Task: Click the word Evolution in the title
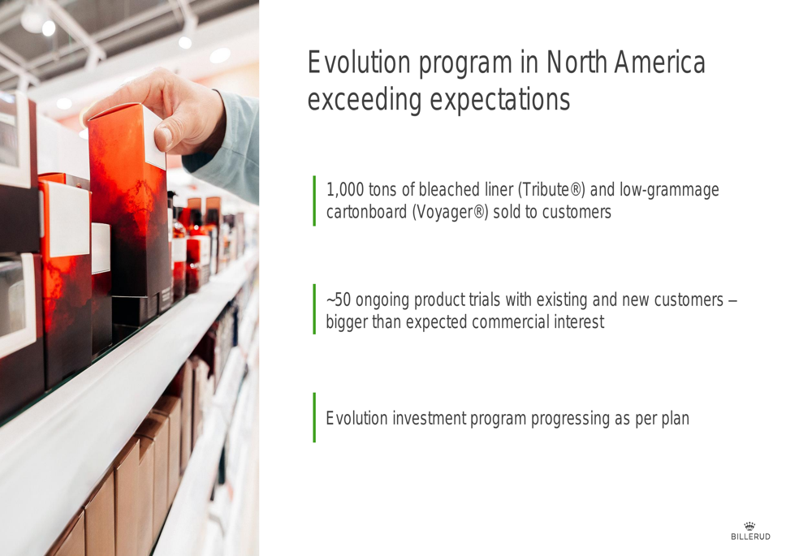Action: point(359,62)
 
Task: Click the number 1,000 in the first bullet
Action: point(345,190)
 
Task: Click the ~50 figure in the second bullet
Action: point(339,300)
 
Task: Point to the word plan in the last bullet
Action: point(676,419)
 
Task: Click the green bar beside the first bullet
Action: point(314,200)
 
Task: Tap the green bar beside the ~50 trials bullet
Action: point(314,309)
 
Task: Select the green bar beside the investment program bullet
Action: point(314,417)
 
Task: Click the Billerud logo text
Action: point(750,537)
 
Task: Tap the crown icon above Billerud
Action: point(749,526)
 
